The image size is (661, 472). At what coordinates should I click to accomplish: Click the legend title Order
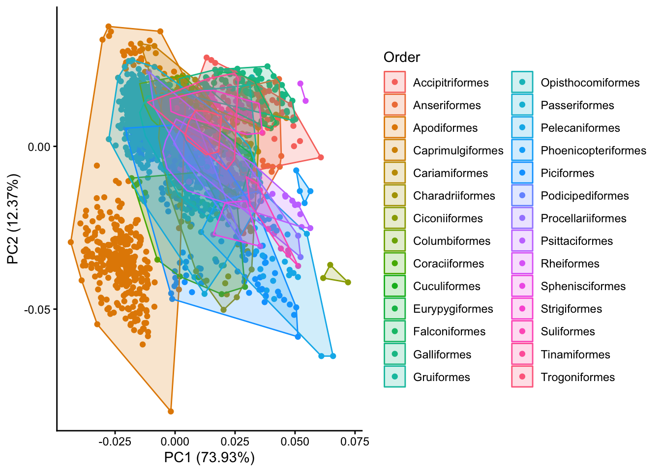coord(401,58)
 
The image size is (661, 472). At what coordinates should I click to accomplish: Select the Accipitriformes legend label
coord(451,83)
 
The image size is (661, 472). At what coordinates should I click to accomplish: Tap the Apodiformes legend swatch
coord(394,128)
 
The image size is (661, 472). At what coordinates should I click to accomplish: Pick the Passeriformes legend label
coord(577,105)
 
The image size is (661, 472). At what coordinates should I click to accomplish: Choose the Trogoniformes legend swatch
coord(522,377)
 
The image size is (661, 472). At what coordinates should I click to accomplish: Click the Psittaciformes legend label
coord(576,241)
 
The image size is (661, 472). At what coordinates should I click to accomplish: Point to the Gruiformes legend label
coord(441,377)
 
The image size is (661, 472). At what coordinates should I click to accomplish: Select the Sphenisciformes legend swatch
coord(522,286)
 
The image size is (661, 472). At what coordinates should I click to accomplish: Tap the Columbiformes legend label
coord(451,241)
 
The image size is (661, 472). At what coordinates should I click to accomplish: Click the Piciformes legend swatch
coord(522,173)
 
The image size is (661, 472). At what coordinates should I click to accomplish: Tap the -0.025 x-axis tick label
coord(115,441)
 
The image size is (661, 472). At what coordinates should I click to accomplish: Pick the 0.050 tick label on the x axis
coord(295,441)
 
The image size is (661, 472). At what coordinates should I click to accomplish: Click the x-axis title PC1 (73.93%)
coord(210,458)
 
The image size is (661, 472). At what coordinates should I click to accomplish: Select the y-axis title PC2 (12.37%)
coord(13,218)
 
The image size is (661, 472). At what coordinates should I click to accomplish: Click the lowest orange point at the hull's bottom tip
coord(171,412)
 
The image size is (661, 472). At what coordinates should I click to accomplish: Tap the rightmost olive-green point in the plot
coord(348,282)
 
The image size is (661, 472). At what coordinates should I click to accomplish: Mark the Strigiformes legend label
coord(571,309)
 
